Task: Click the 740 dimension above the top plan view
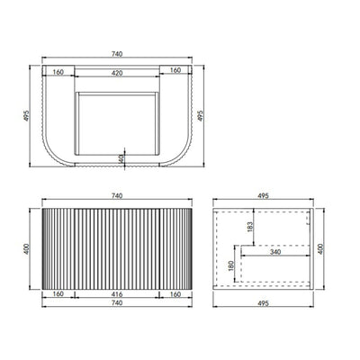117,54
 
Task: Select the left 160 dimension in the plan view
58,72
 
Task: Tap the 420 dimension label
117,73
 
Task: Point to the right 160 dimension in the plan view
175,70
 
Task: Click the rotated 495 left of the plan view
26,115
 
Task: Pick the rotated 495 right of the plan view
201,115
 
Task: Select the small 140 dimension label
121,158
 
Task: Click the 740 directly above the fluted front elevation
117,196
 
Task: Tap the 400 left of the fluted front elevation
26,249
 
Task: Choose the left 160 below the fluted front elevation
58,294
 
